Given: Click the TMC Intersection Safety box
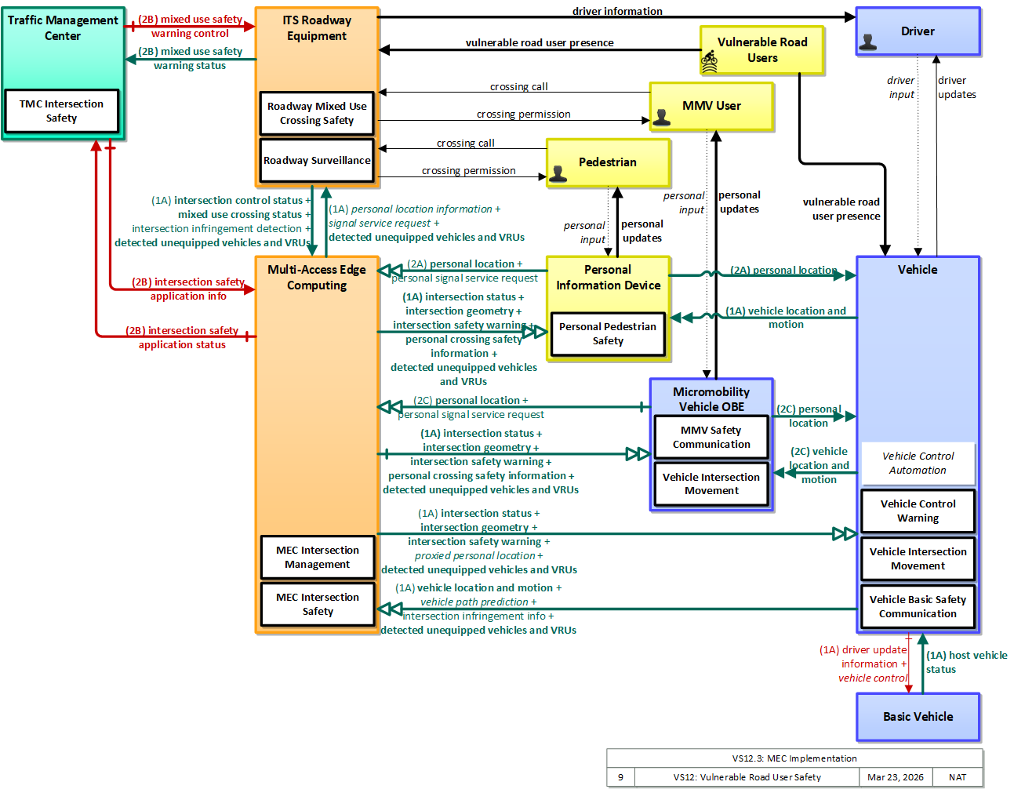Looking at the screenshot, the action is coord(62,111).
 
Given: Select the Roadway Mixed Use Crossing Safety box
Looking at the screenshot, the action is coord(317,114).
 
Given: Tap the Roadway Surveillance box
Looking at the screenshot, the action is coord(317,160).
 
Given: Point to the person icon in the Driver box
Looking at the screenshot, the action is coord(867,42).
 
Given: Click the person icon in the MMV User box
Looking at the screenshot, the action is coord(661,118).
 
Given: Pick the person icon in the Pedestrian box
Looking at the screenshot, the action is coord(558,174).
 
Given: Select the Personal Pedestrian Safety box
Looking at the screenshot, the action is coord(608,333).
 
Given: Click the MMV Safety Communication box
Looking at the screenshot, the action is coord(711,437).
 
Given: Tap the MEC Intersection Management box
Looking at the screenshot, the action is coord(318,557).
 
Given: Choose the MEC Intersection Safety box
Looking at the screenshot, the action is coord(318,604).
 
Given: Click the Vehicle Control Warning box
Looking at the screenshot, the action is coord(918,511).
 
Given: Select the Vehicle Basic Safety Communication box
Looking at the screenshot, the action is coord(918,606).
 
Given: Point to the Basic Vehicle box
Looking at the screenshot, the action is coord(918,716).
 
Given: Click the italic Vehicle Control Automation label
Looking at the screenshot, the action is coord(918,463).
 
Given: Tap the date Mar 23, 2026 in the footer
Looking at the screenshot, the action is coord(895,777).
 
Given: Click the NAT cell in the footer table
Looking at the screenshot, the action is coord(957,777).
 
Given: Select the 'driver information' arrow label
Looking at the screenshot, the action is coord(617,11).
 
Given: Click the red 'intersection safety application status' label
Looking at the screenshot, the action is coord(182,337).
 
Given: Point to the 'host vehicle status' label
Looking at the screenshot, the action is coord(966,662).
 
